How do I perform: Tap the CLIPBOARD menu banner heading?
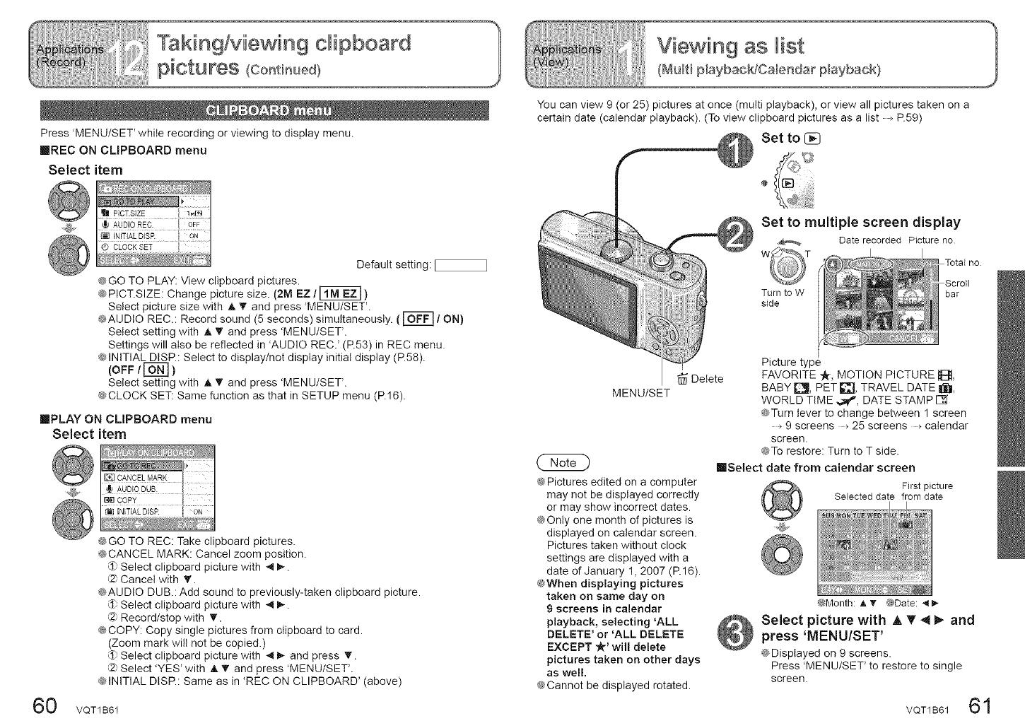268,111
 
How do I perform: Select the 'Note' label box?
563,462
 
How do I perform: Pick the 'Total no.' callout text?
963,263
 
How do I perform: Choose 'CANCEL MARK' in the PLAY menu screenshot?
142,478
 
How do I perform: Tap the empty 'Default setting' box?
461,265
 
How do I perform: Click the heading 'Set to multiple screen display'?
860,223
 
